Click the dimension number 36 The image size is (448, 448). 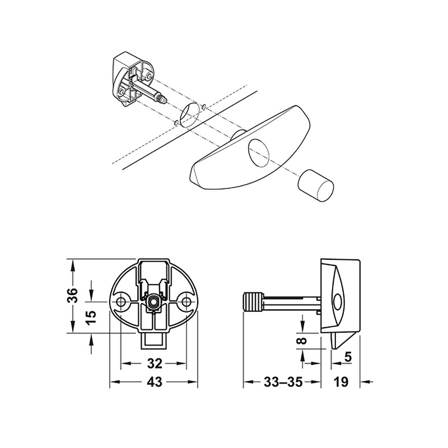coord(73,296)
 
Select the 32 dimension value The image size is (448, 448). coord(155,363)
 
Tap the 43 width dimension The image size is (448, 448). coord(155,382)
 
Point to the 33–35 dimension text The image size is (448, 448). coord(283,382)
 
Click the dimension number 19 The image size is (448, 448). coord(341,382)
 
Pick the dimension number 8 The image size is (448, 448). coord(303,340)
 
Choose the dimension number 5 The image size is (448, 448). coord(348,357)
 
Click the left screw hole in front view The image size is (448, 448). coord(121,301)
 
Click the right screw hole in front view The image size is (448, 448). coord(186,301)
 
